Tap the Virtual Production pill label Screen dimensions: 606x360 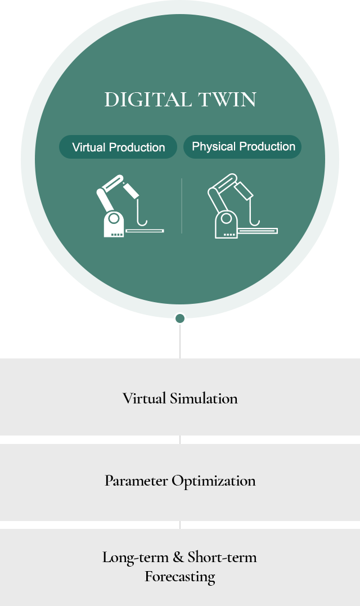[x=118, y=147]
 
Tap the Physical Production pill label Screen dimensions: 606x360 [x=243, y=147]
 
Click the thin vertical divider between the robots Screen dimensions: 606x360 [x=182, y=206]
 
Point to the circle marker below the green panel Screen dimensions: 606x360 [x=180, y=318]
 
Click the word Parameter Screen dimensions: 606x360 [x=136, y=481]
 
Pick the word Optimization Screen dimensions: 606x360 [x=214, y=481]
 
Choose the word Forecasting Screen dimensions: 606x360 [x=180, y=577]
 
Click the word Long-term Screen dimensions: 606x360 [x=135, y=558]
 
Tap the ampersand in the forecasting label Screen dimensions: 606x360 [x=178, y=558]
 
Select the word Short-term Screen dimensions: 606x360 [x=222, y=558]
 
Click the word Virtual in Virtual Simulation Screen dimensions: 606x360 [x=145, y=398]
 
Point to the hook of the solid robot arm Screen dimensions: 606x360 [x=143, y=216]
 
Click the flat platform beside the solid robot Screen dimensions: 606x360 [x=145, y=230]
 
